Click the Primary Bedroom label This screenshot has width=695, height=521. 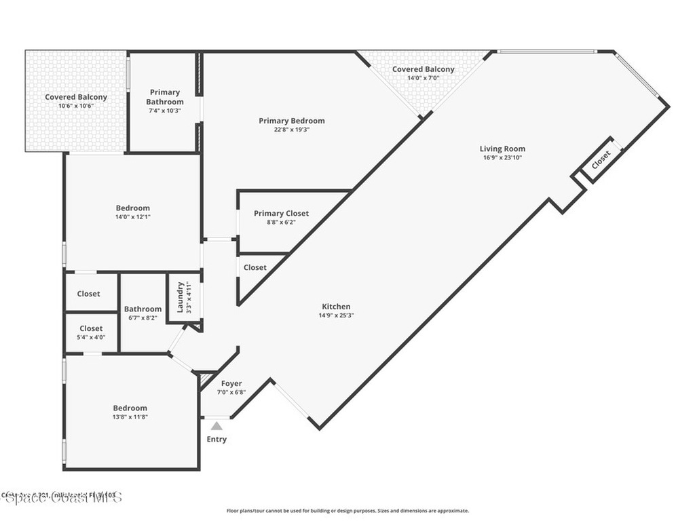(292, 121)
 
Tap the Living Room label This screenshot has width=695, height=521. (502, 149)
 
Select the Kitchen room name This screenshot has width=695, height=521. (336, 307)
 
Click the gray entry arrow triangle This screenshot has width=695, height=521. (216, 426)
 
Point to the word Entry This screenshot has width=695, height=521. (217, 440)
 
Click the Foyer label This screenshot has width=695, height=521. (231, 384)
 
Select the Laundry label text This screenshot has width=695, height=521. (181, 297)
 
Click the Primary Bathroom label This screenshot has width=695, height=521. (165, 97)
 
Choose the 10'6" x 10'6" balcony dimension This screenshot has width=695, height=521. (76, 106)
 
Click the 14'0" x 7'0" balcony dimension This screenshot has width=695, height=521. (424, 78)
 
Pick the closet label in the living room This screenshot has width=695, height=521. (601, 160)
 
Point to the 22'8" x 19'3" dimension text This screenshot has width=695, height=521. (292, 130)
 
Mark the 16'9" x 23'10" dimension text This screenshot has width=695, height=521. (502, 157)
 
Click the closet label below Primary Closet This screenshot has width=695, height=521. (255, 267)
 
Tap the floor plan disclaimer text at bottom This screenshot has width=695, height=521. (347, 511)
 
